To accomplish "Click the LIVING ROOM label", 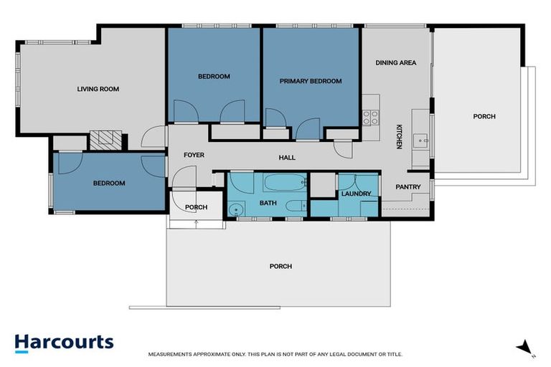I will pyautogui.click(x=98, y=90).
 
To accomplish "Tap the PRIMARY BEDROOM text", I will pyautogui.click(x=310, y=82).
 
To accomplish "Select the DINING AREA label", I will pyautogui.click(x=395, y=63).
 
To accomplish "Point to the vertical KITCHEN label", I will pyautogui.click(x=400, y=136).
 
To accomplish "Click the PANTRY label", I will pyautogui.click(x=408, y=187).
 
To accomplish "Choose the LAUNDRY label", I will pyautogui.click(x=356, y=194).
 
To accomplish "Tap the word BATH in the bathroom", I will pyautogui.click(x=268, y=204).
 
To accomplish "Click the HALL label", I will pyautogui.click(x=287, y=158).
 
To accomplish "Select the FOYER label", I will pyautogui.click(x=194, y=155).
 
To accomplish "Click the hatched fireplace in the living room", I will pyautogui.click(x=105, y=139).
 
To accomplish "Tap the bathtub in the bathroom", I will pyautogui.click(x=283, y=183).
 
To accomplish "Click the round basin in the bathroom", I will pyautogui.click(x=236, y=209).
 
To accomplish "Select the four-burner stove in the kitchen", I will pyautogui.click(x=370, y=118).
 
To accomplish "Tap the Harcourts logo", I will pyautogui.click(x=64, y=342).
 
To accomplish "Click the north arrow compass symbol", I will pyautogui.click(x=527, y=348).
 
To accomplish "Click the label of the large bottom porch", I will pyautogui.click(x=281, y=267).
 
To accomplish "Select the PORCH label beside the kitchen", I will pyautogui.click(x=484, y=116).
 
